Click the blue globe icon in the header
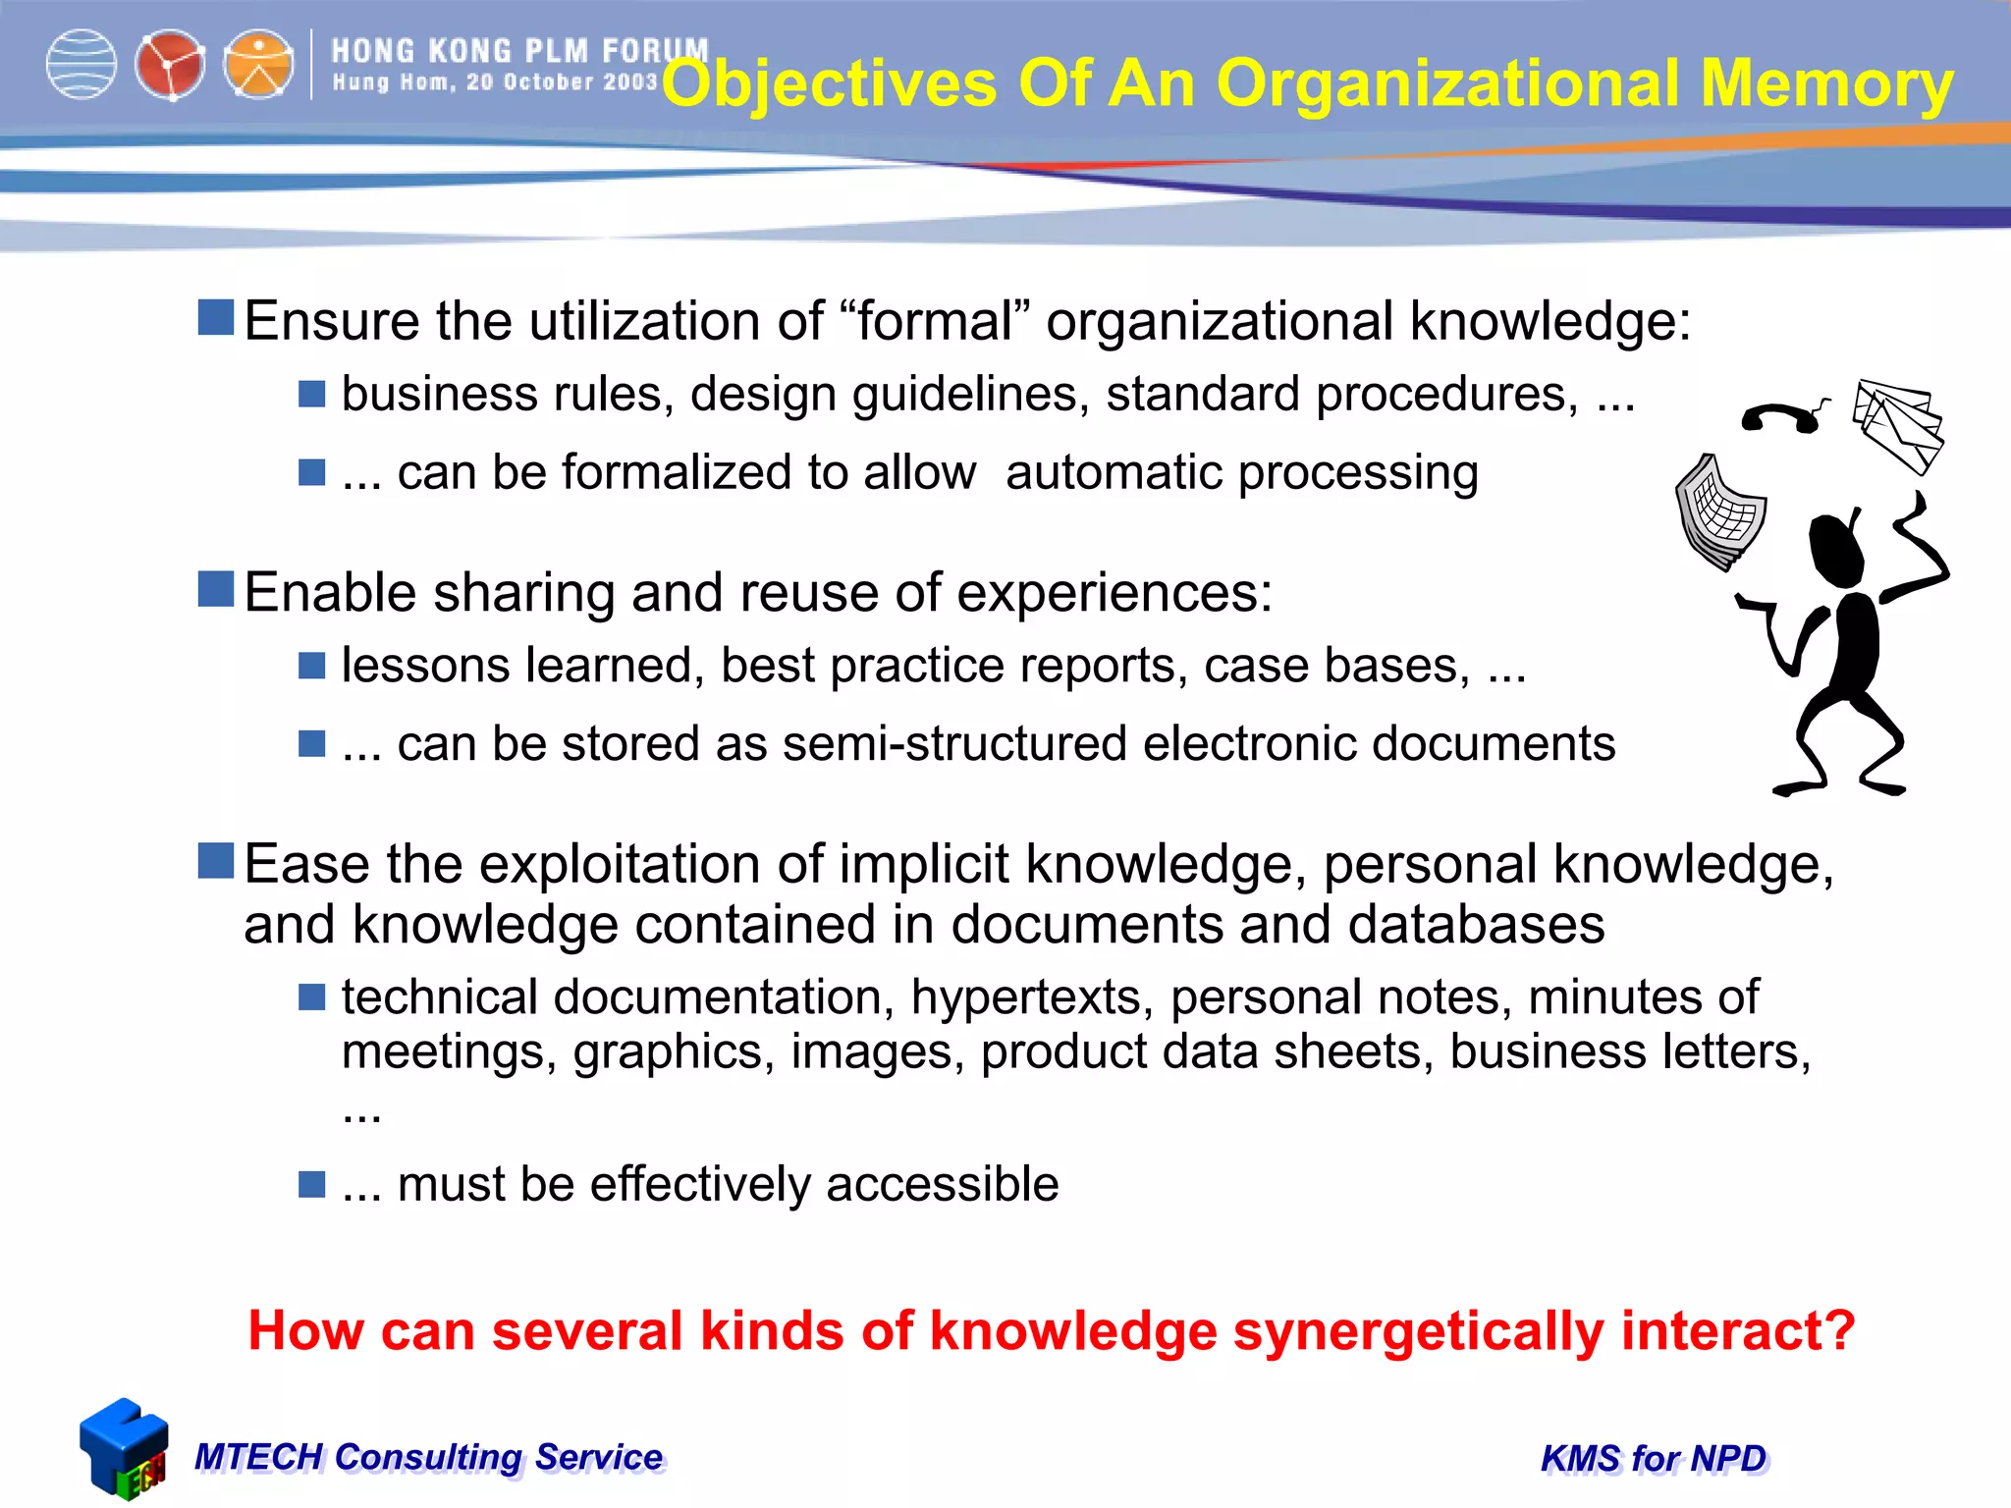click(x=82, y=65)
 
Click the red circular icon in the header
click(x=169, y=65)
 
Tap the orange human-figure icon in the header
click(x=258, y=65)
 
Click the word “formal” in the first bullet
click(x=935, y=321)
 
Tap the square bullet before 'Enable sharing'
click(x=215, y=589)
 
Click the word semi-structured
click(x=953, y=743)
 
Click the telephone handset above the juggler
click(x=1783, y=416)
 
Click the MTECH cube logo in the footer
click(x=124, y=1448)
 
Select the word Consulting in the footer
click(x=427, y=1457)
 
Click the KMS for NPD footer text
click(x=1654, y=1459)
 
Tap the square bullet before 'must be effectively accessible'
click(x=311, y=1184)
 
